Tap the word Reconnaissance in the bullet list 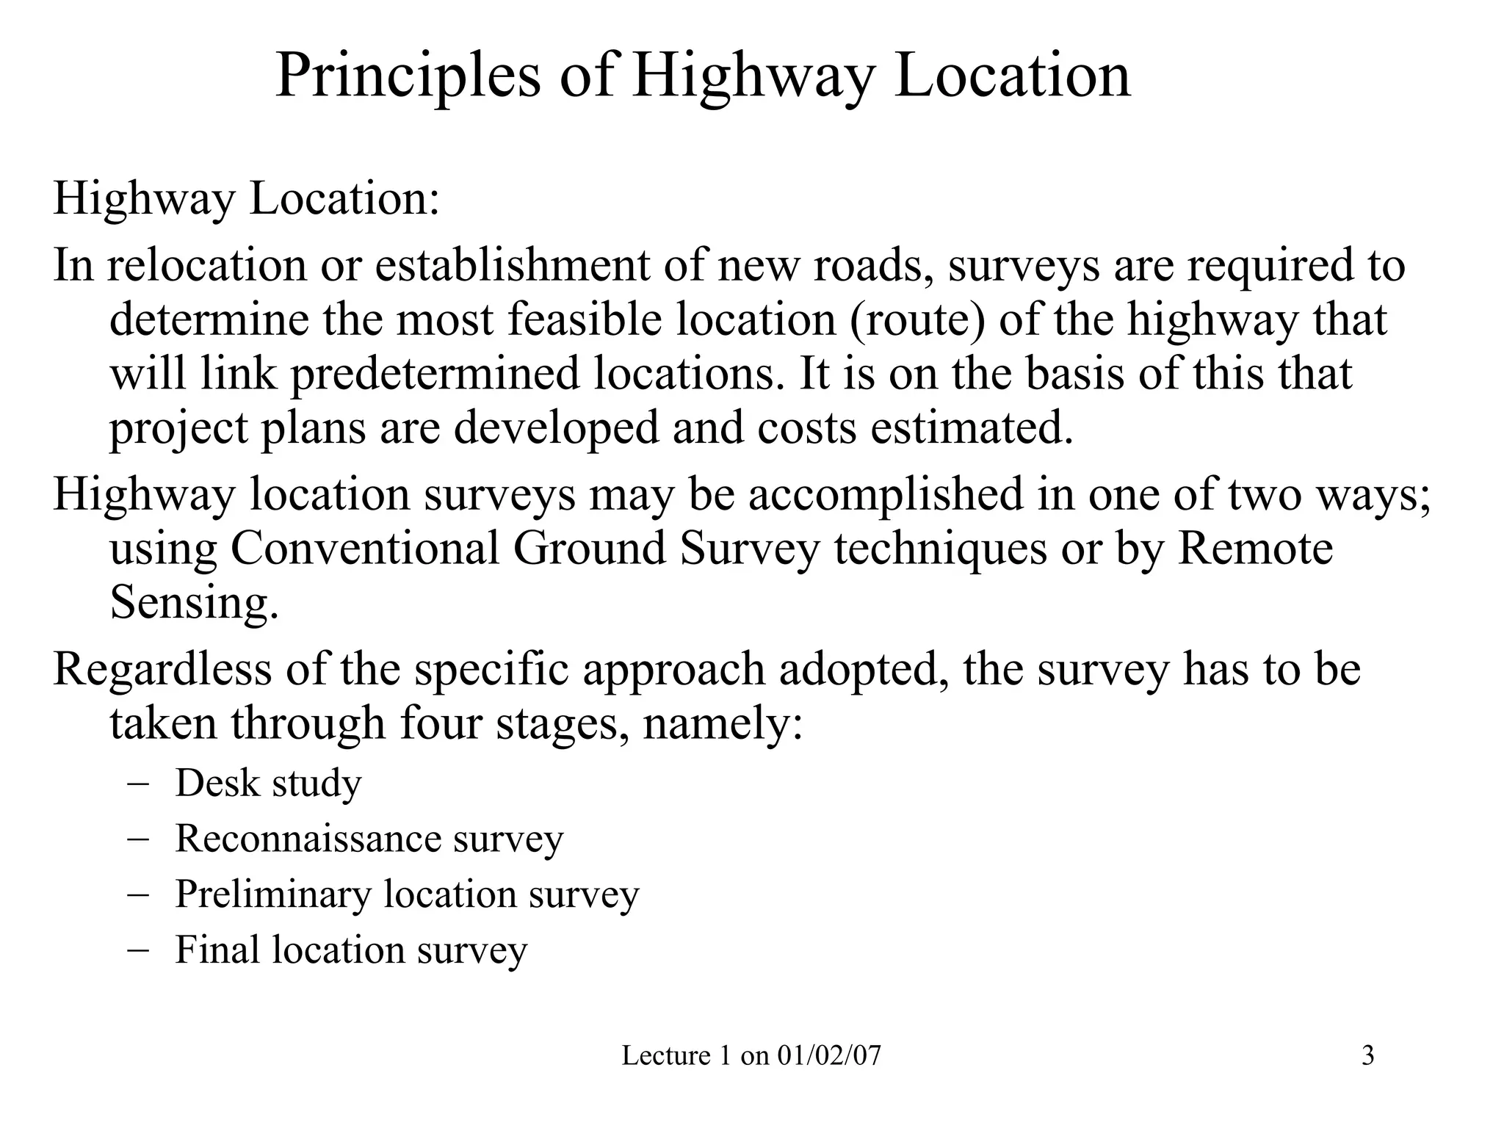click(x=307, y=838)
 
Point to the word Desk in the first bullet click(x=217, y=783)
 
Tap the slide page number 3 click(x=1367, y=1056)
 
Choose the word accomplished click(x=885, y=494)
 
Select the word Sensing click(x=195, y=603)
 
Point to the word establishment click(x=512, y=265)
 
